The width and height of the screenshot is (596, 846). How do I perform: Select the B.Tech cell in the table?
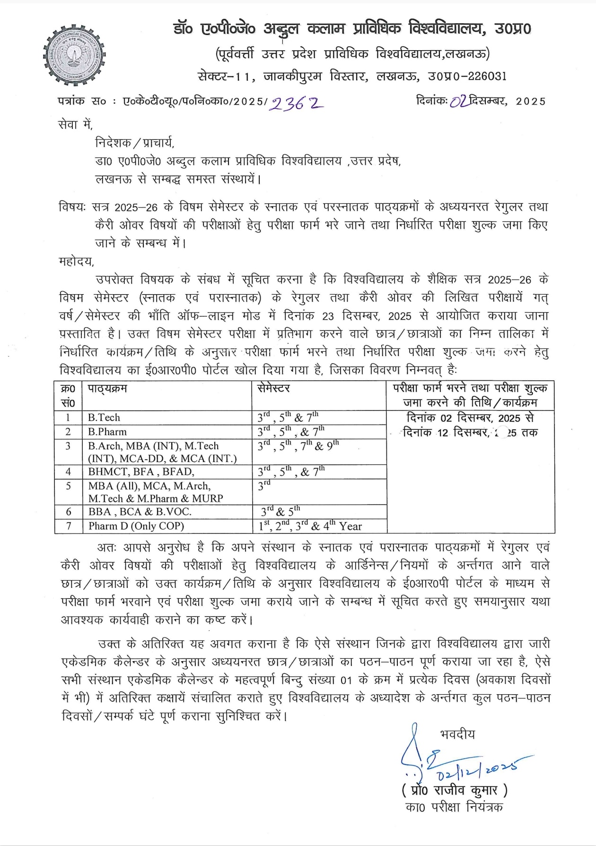point(104,418)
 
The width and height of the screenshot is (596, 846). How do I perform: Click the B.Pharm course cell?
point(107,432)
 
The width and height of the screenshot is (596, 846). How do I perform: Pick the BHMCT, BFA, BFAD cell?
point(141,471)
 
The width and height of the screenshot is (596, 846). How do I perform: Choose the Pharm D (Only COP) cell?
point(136,526)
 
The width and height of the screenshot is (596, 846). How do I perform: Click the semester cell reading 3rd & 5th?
point(281,512)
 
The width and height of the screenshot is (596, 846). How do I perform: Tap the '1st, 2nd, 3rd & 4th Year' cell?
point(310,526)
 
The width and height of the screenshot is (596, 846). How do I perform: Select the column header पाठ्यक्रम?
point(107,389)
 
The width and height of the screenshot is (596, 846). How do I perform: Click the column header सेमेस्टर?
point(274,389)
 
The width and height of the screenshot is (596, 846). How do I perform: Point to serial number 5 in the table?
point(69,486)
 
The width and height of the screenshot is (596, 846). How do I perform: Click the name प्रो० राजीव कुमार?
point(454,790)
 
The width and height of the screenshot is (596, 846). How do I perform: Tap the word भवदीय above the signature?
point(457,734)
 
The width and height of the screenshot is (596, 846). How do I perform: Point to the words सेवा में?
point(75,125)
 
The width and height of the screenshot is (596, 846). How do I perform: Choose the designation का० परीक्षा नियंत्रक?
point(454,807)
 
